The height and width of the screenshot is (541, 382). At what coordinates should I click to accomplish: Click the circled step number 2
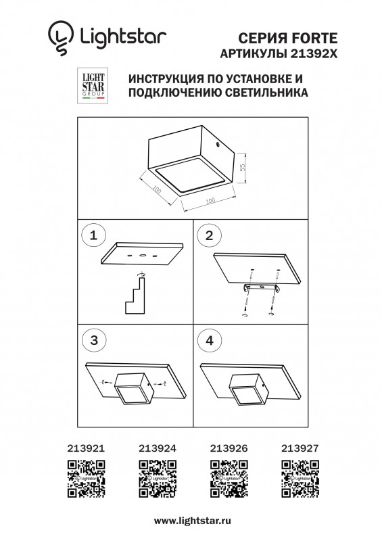tap(209, 235)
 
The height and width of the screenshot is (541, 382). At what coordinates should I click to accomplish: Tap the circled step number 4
tap(209, 340)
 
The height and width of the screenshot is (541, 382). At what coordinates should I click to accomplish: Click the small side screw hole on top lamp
tap(217, 145)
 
